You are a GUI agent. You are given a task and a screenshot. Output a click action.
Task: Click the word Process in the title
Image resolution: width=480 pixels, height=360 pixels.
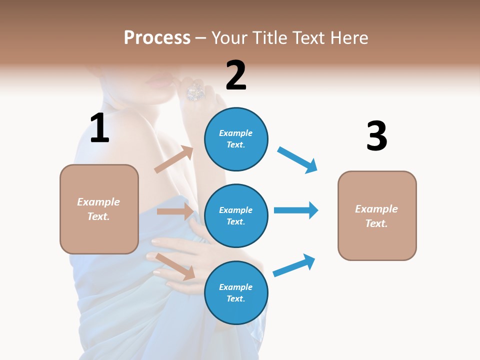click(x=157, y=37)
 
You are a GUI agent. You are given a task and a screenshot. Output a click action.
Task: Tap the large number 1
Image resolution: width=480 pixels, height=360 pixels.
click(x=99, y=128)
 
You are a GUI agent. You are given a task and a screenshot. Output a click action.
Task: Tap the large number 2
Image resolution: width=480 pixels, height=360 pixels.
click(x=236, y=75)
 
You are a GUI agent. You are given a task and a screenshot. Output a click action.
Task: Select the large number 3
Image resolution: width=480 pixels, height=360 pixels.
click(x=376, y=136)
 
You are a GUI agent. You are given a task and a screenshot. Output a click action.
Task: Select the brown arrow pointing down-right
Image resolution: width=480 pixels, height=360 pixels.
click(x=175, y=266)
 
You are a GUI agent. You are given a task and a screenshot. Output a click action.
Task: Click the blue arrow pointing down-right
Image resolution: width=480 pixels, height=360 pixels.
click(x=297, y=160)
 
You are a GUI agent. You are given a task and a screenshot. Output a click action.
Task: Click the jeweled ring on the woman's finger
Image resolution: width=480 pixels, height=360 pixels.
click(x=195, y=91)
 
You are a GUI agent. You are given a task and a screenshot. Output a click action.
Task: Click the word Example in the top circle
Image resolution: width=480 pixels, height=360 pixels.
click(x=235, y=133)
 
